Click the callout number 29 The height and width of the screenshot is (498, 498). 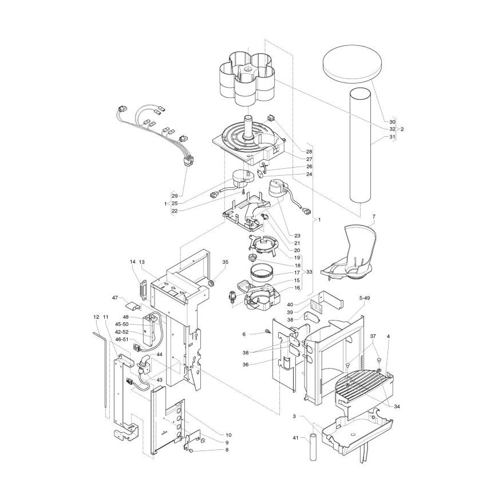click(175, 196)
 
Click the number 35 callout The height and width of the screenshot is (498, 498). click(225, 262)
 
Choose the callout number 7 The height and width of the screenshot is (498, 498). click(374, 216)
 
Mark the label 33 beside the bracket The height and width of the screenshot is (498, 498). click(309, 272)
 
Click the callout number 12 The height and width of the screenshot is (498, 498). click(97, 317)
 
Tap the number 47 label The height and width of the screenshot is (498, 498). click(115, 298)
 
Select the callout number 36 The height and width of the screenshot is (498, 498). click(246, 365)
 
